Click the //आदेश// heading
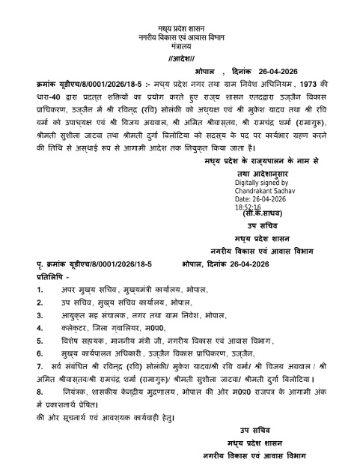click(x=179, y=58)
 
